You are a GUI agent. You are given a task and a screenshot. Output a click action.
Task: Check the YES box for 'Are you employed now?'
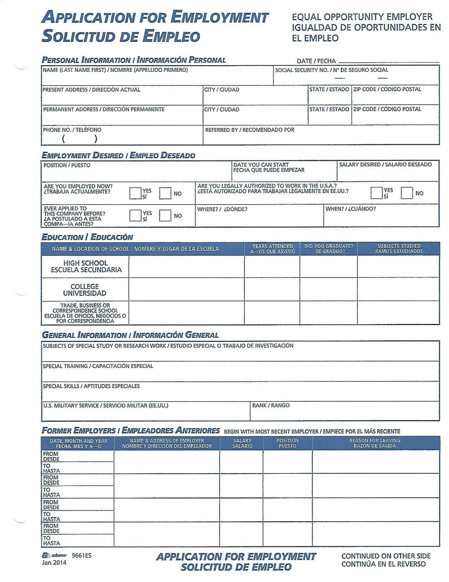(135, 193)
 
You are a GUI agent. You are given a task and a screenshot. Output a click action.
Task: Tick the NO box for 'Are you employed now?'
(165, 193)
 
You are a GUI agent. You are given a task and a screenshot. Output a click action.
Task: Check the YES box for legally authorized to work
(377, 193)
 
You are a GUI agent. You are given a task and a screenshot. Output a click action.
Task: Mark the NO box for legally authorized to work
(407, 193)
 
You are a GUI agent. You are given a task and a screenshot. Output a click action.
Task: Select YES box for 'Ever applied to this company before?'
(135, 216)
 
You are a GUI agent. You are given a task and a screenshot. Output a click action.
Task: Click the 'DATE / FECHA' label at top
(316, 61)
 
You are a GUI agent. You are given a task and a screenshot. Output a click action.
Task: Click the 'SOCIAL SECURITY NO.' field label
(331, 70)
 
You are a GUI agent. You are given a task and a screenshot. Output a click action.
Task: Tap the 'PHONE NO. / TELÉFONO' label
(72, 130)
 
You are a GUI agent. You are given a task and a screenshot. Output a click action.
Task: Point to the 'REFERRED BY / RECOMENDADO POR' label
(250, 130)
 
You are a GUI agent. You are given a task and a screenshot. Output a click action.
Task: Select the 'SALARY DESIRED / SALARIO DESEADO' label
(385, 165)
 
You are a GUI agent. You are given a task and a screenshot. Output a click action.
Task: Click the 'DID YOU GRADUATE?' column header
(329, 249)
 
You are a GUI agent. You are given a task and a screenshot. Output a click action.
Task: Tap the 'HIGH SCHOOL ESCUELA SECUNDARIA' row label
(85, 267)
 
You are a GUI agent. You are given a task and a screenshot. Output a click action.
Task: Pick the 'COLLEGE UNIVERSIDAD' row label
(85, 290)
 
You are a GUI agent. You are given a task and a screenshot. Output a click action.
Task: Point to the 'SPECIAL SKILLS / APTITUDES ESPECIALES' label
(91, 386)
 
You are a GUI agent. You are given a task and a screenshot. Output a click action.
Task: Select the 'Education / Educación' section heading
(87, 237)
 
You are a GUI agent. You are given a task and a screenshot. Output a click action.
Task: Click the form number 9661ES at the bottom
(82, 555)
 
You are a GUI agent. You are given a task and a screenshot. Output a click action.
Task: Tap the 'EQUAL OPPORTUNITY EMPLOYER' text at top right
(362, 18)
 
